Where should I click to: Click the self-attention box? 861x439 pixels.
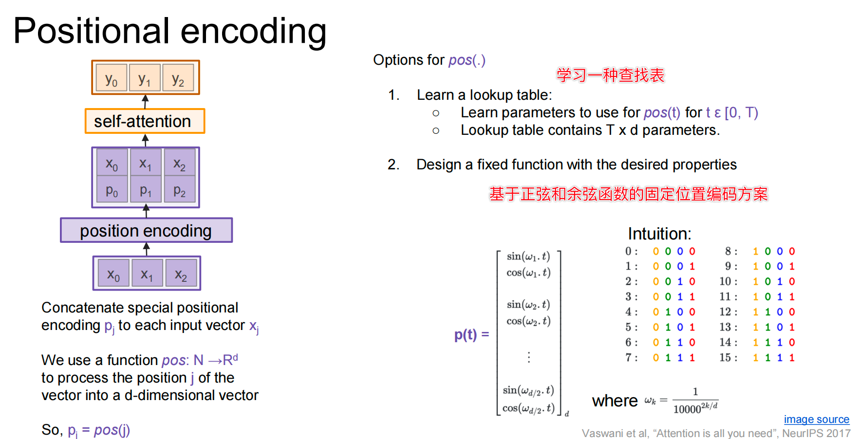click(x=145, y=121)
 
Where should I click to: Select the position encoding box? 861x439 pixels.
click(x=146, y=230)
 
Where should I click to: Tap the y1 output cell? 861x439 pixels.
click(x=145, y=78)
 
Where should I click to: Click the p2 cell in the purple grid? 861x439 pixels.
click(x=180, y=190)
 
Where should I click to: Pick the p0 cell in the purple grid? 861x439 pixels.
click(x=112, y=190)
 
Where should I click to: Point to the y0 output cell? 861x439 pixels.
click(x=112, y=78)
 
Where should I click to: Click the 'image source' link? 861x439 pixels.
click(x=816, y=419)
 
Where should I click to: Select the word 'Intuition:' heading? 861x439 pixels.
click(x=659, y=234)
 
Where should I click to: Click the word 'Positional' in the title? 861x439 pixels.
click(x=91, y=31)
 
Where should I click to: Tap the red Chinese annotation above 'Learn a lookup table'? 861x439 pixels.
click(x=610, y=75)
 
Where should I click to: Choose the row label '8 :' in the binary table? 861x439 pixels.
click(x=730, y=251)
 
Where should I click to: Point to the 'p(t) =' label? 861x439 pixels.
click(x=471, y=334)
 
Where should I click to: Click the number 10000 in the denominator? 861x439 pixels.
click(x=687, y=409)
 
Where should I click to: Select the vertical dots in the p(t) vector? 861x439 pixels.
click(x=529, y=357)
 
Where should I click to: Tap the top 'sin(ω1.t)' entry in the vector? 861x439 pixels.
click(x=528, y=256)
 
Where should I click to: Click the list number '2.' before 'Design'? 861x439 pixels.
click(x=393, y=165)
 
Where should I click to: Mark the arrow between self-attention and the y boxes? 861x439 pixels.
click(x=145, y=101)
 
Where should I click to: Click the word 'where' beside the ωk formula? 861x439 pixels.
click(x=615, y=401)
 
